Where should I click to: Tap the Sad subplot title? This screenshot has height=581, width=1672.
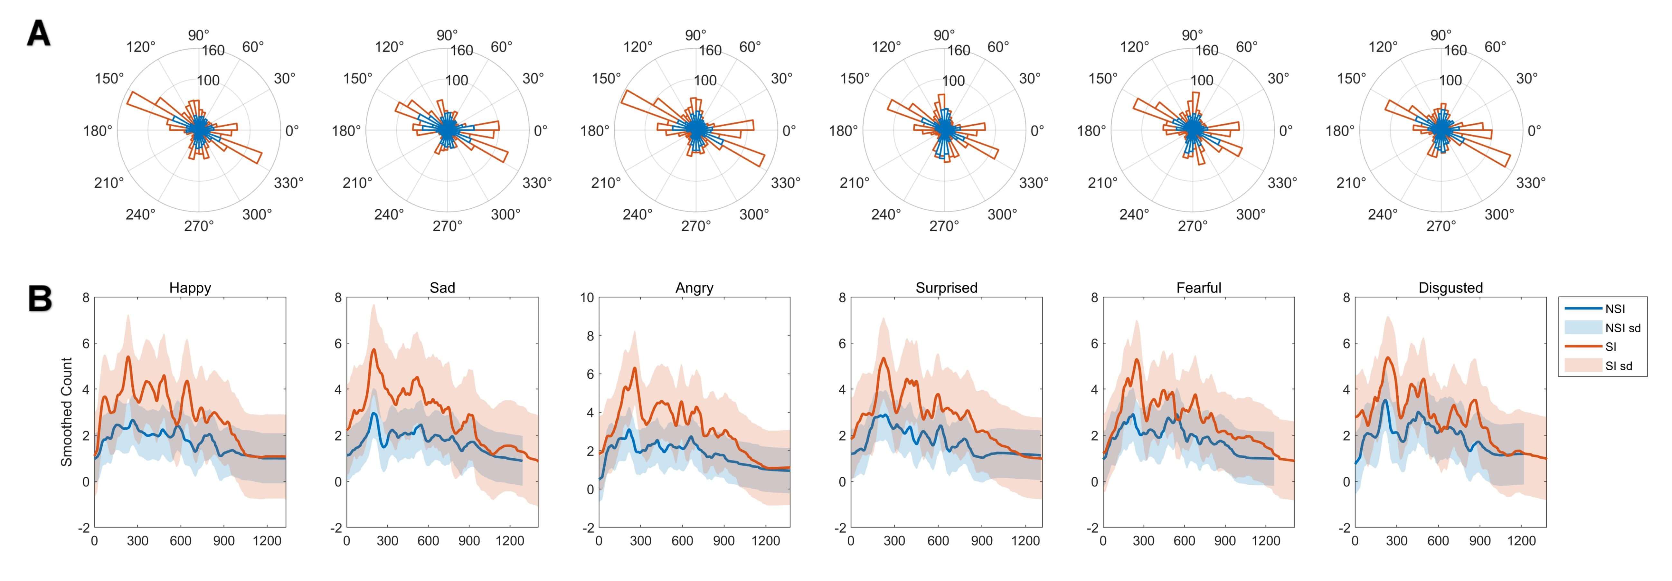point(442,288)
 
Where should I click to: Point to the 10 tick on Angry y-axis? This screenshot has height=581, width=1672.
point(587,298)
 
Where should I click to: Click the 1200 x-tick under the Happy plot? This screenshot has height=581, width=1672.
point(267,541)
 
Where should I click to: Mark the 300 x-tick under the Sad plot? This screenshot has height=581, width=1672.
point(388,541)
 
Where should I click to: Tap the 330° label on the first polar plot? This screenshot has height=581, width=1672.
point(288,183)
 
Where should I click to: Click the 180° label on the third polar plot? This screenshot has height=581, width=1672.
point(595,130)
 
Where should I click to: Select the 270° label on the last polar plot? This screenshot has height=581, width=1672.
point(1441,226)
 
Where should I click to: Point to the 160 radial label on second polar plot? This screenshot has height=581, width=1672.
point(461,51)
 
